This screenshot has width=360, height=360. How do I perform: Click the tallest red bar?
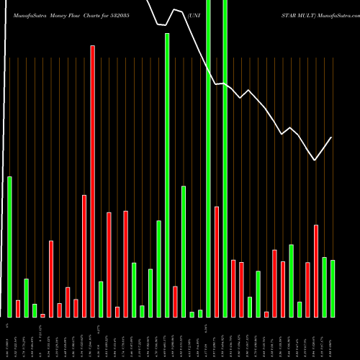pos(92,180)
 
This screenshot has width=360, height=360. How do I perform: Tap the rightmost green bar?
pos(333,288)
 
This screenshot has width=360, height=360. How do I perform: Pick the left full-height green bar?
pos(208,158)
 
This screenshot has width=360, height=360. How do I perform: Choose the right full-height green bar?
pos(225,158)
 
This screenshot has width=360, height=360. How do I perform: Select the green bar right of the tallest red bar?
pos(101,299)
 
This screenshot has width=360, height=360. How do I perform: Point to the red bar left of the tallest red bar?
pos(84,256)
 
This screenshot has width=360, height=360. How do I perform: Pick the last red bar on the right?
pos(316,271)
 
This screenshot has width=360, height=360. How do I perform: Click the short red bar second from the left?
pos(18,308)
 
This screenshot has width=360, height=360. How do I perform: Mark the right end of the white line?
pos(332,137)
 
